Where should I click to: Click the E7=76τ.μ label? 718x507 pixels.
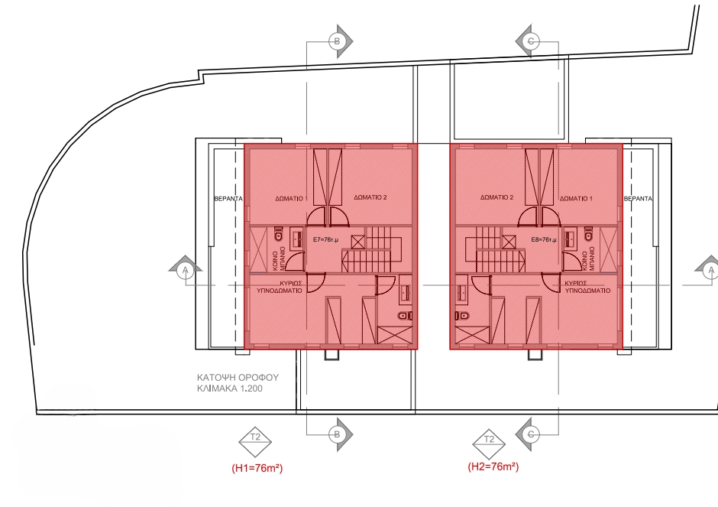pyautogui.click(x=326, y=240)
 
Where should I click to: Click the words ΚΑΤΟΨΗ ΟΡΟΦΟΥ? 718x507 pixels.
pyautogui.click(x=238, y=377)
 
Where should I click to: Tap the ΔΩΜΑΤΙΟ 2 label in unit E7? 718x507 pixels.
pyautogui.click(x=371, y=197)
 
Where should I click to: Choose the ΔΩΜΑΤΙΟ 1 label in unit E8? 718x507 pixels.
pyautogui.click(x=576, y=197)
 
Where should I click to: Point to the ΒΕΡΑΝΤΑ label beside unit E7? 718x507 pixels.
pyautogui.click(x=228, y=198)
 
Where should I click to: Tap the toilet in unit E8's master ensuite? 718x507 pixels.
pyautogui.click(x=462, y=316)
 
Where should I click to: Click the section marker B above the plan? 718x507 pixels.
pyautogui.click(x=336, y=40)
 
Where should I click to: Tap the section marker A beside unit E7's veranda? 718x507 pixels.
pyautogui.click(x=183, y=270)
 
